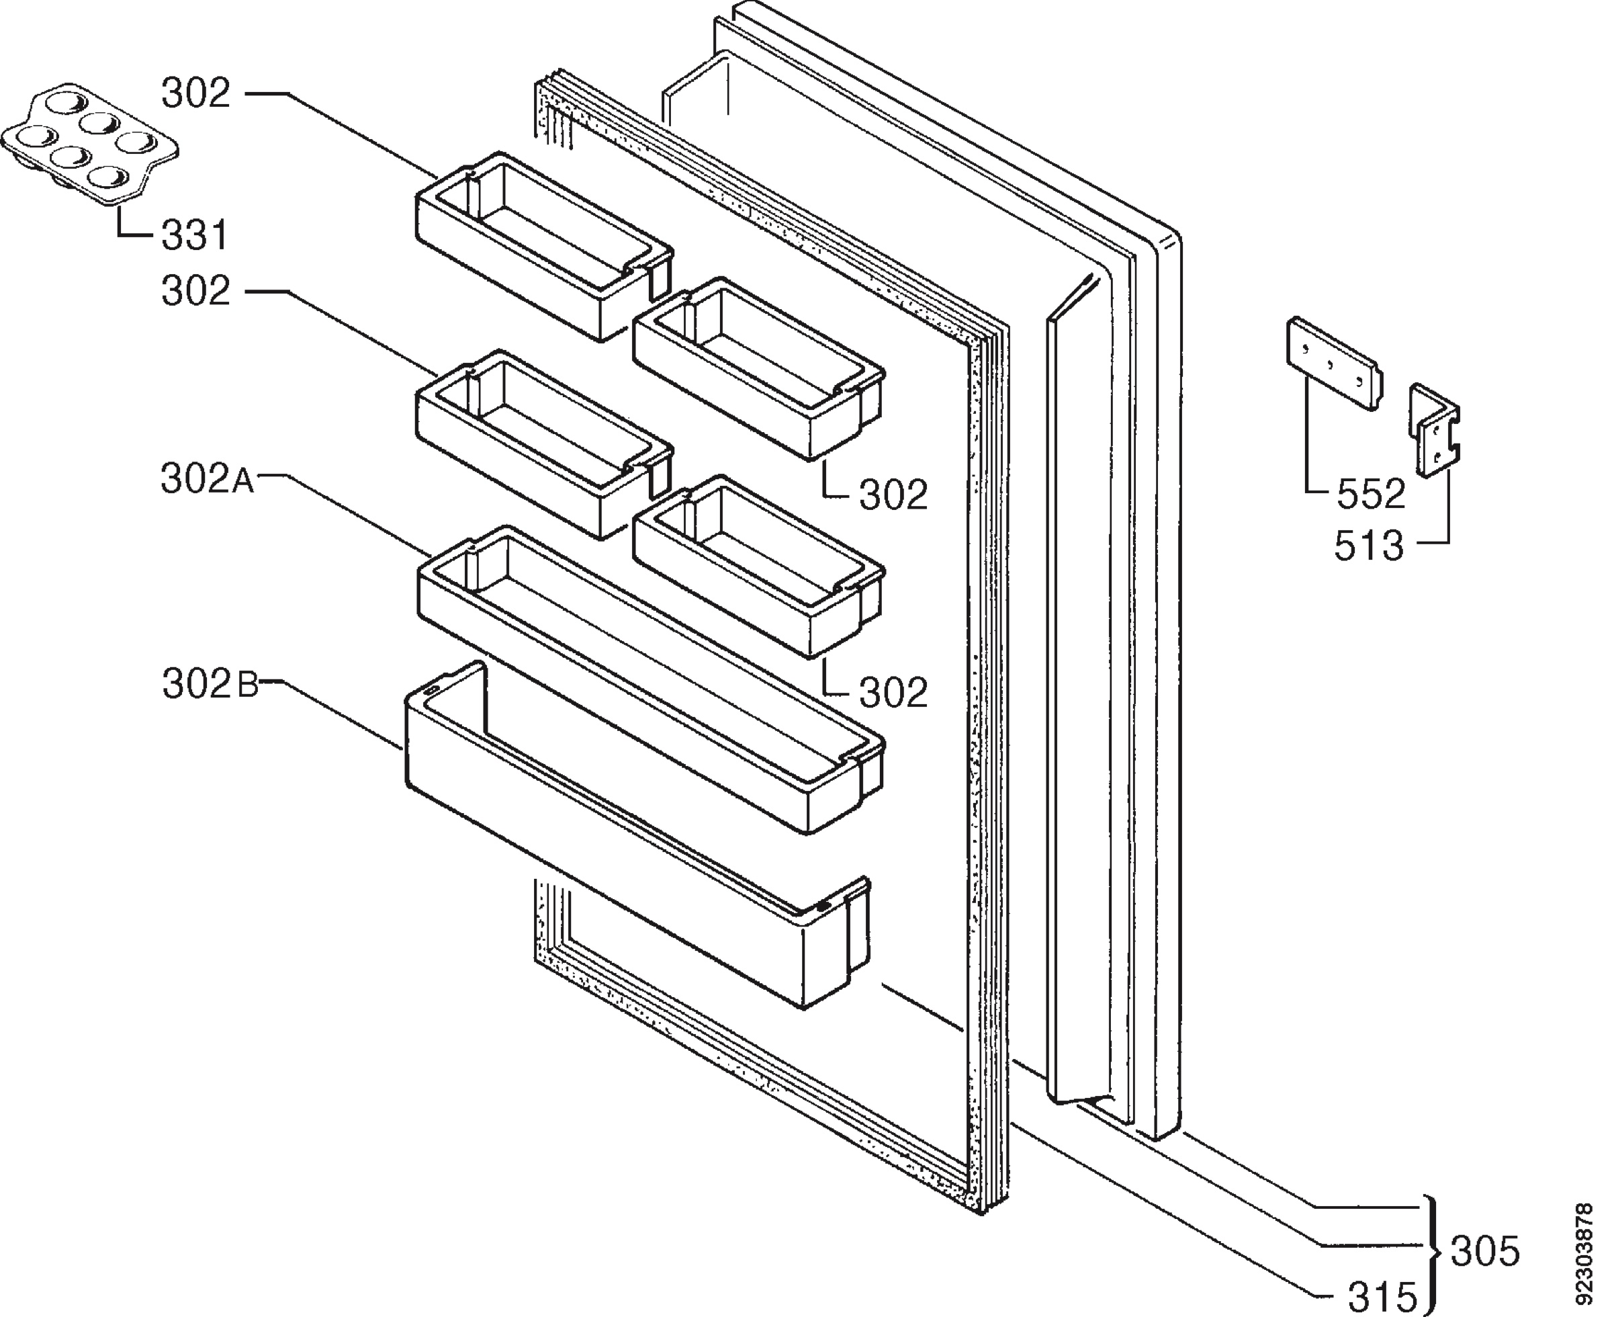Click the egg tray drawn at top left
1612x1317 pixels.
(x=89, y=144)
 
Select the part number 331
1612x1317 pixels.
(x=195, y=235)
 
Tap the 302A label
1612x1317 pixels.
(x=208, y=480)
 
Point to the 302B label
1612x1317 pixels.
(x=210, y=684)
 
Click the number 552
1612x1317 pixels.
(x=1371, y=494)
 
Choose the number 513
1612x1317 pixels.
(x=1370, y=546)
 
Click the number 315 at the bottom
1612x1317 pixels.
(x=1382, y=1298)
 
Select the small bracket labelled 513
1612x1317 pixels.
(x=1435, y=431)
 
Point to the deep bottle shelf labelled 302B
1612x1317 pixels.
(x=637, y=834)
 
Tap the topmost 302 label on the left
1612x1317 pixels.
(x=195, y=94)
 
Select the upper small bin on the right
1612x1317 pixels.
(x=759, y=368)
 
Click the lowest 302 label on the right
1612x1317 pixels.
(x=893, y=693)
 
